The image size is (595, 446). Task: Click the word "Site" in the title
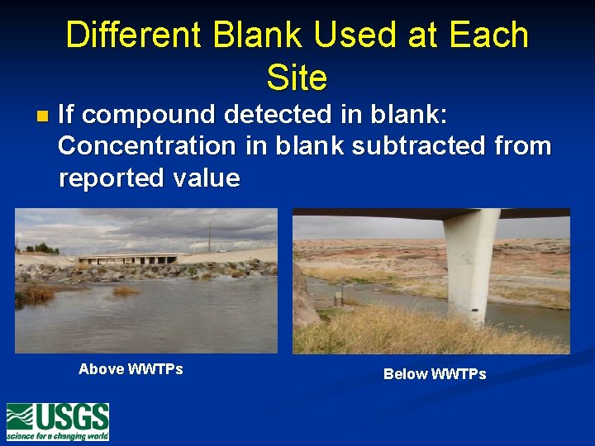297,78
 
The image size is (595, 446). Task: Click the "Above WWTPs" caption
131,369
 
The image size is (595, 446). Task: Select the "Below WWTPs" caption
435,374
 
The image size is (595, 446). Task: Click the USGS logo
58,421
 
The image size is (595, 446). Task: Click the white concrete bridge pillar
470,264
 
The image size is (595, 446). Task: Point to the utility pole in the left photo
209,238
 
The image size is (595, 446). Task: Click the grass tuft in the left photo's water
125,291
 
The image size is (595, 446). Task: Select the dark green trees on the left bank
40,248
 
